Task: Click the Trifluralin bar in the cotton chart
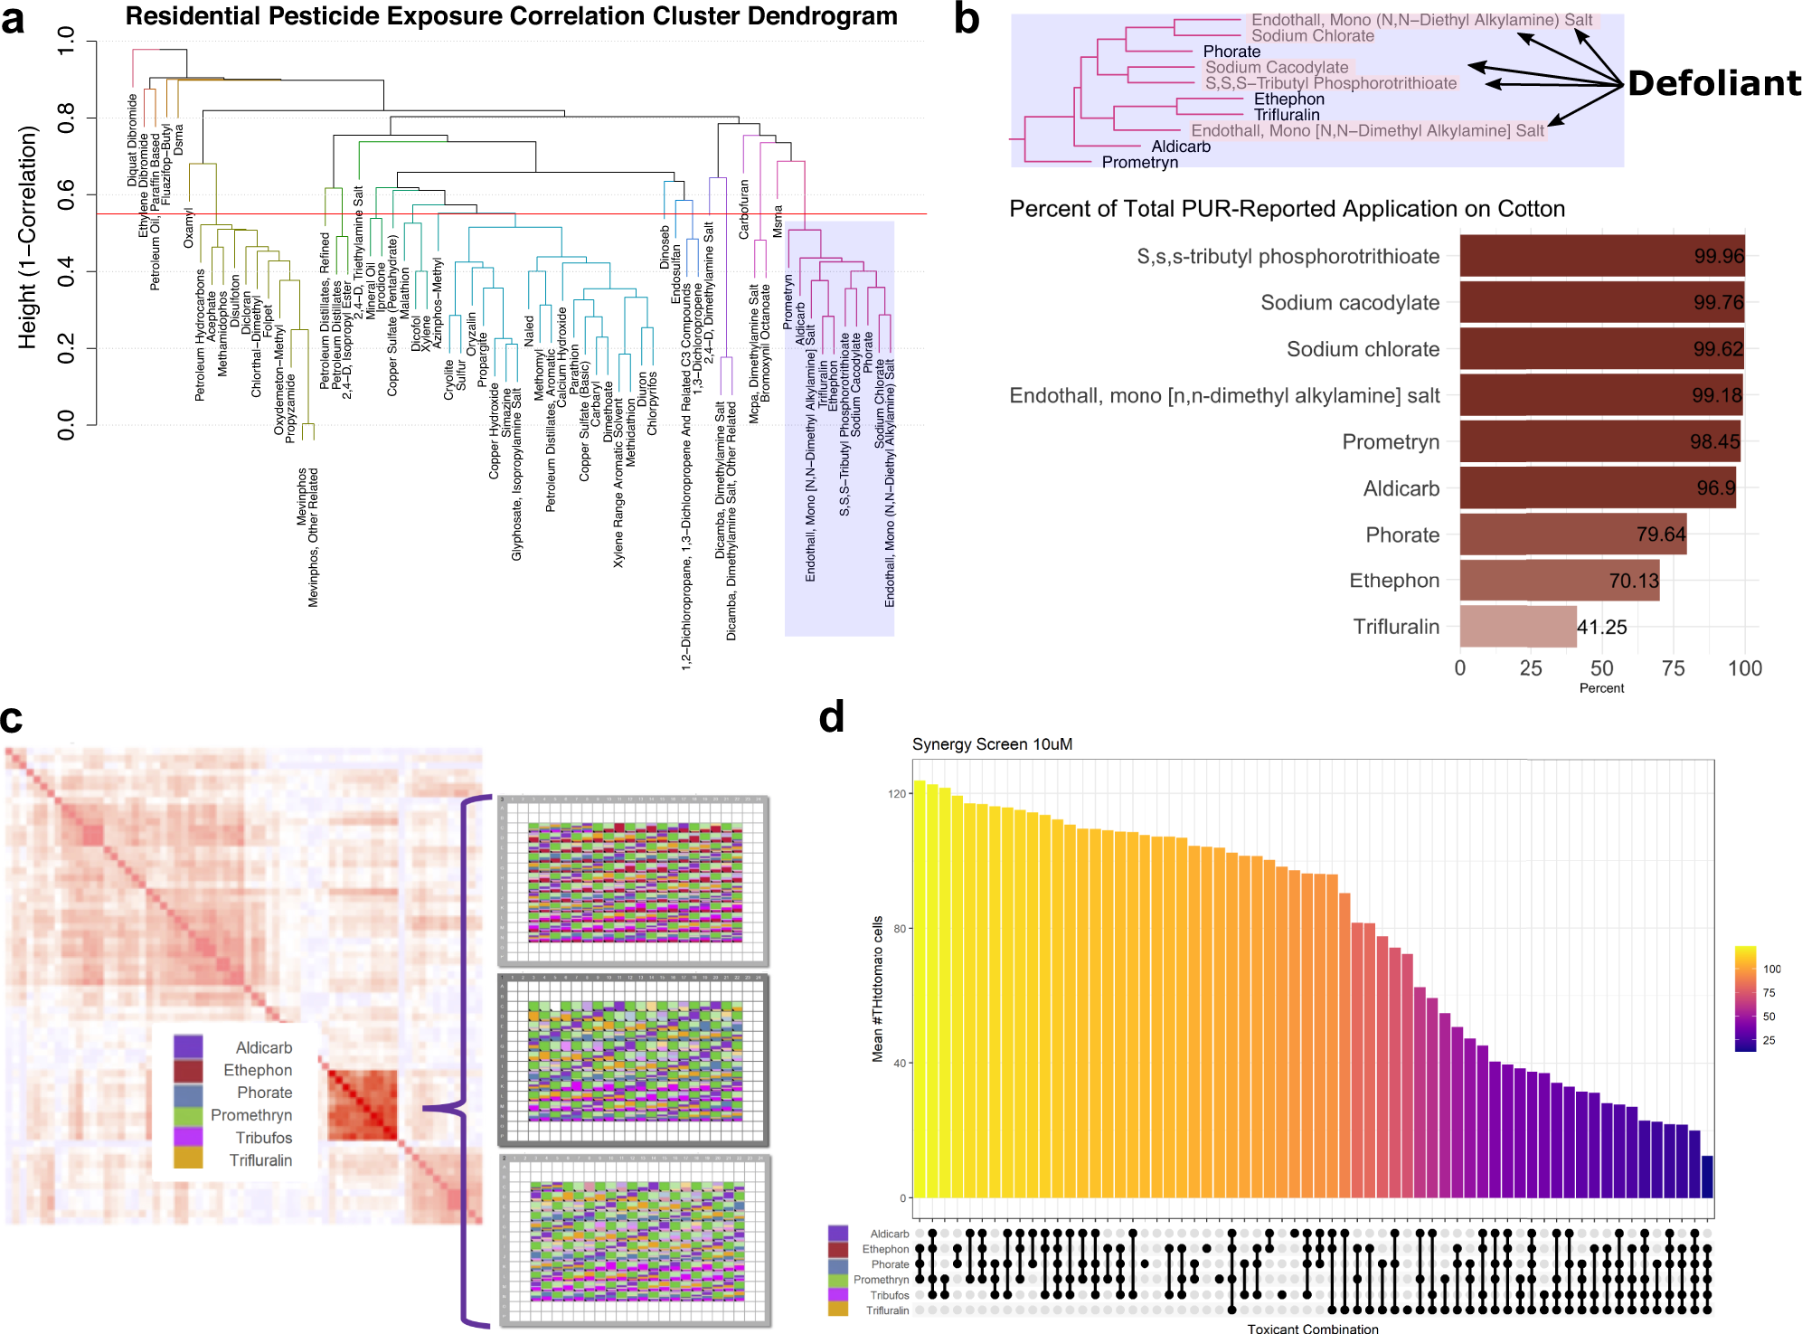(1517, 627)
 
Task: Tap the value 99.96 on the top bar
(1719, 256)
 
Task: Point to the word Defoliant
(1714, 83)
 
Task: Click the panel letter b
(967, 20)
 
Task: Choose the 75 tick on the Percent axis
(1673, 668)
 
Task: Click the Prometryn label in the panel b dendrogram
(1139, 163)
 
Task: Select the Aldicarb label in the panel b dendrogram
(1180, 147)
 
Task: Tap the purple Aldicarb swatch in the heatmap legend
(188, 1047)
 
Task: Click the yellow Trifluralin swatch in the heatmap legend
(188, 1159)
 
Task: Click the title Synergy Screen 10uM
(992, 744)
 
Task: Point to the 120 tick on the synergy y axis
(896, 794)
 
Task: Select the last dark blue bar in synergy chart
(1707, 1177)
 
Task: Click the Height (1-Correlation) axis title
(27, 237)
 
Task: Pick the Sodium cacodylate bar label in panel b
(1349, 303)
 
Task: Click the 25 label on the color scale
(1769, 1040)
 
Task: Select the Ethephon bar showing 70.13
(1559, 581)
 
